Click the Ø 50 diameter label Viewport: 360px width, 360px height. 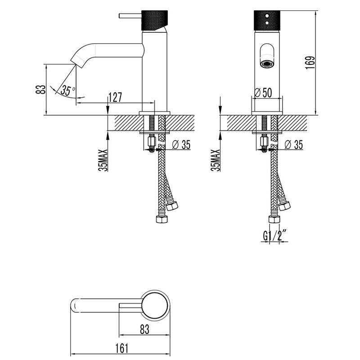pyautogui.click(x=263, y=93)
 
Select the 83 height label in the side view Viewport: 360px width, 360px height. pyautogui.click(x=41, y=89)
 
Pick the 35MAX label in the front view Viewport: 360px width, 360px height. pyautogui.click(x=217, y=160)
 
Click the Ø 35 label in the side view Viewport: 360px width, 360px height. pyautogui.click(x=181, y=144)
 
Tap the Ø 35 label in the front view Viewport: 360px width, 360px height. pyautogui.click(x=293, y=144)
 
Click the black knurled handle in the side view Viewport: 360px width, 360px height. pyautogui.click(x=155, y=20)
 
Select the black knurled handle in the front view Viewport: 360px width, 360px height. pyautogui.click(x=268, y=20)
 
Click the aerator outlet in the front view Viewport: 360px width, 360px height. pyautogui.click(x=267, y=64)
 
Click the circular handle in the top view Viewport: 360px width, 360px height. pyautogui.click(x=156, y=306)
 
